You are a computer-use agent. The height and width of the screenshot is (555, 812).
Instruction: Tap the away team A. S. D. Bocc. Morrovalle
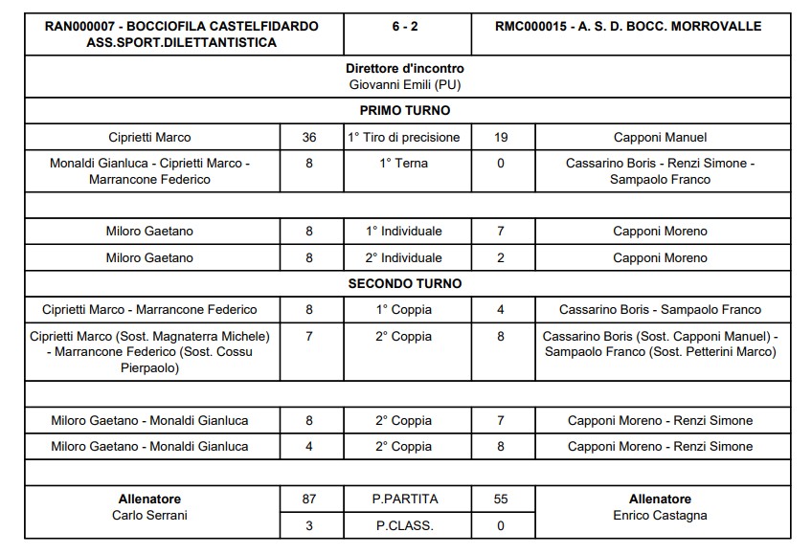point(629,26)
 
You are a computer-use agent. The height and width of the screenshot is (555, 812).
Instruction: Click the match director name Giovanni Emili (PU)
point(405,84)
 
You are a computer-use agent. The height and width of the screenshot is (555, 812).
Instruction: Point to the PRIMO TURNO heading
point(405,111)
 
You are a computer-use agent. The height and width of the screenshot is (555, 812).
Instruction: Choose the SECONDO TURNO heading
point(405,283)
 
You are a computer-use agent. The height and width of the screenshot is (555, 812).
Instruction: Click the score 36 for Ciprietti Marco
point(309,137)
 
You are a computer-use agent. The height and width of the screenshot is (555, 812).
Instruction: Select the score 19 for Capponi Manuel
point(501,137)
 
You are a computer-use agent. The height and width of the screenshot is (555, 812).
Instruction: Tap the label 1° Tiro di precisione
point(405,137)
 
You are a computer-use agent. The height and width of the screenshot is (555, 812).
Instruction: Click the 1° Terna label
point(405,164)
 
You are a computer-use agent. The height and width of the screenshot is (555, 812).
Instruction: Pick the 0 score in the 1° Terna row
point(501,164)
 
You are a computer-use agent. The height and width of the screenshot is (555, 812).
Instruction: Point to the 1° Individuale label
point(405,231)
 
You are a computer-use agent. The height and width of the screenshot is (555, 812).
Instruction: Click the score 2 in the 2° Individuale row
point(501,257)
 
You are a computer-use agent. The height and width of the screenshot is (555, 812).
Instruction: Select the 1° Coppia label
point(405,310)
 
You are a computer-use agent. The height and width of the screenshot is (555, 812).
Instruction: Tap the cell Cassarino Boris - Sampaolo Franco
point(660,310)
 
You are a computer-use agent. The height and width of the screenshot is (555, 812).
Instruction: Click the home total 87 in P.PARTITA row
point(309,499)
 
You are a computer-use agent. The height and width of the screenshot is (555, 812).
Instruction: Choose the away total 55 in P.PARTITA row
point(501,499)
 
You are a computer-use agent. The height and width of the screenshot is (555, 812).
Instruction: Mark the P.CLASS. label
point(405,525)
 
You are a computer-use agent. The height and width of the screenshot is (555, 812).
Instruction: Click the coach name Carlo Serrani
point(149,516)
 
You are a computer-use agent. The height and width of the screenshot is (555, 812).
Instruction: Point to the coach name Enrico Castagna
point(660,516)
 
